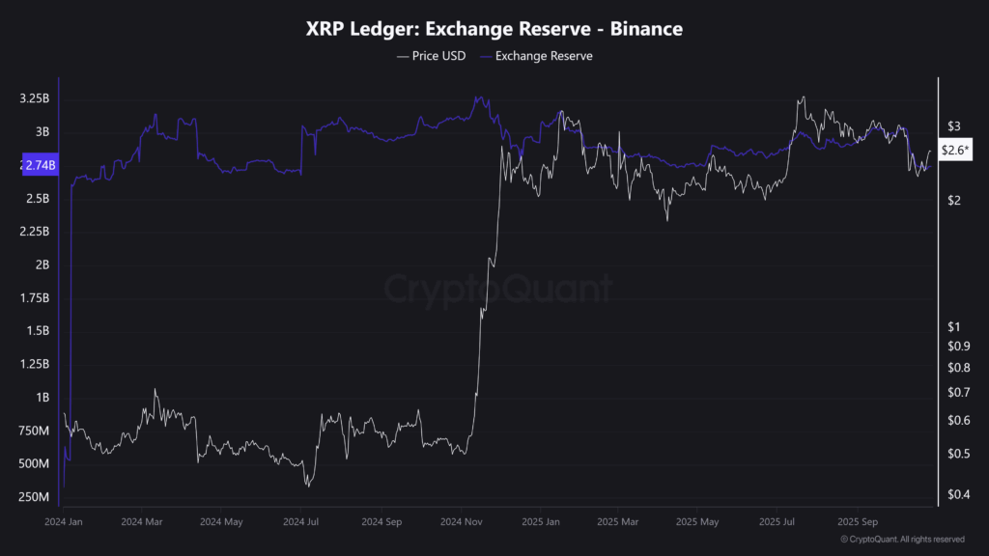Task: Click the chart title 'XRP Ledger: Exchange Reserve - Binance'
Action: point(494,30)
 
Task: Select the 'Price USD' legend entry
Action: point(431,56)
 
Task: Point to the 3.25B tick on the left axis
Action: point(34,99)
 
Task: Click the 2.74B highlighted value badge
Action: point(39,165)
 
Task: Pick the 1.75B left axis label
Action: point(34,298)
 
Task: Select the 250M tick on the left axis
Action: point(34,497)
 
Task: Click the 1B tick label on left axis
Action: point(42,398)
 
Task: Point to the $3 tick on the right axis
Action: point(953,126)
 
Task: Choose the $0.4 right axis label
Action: point(957,495)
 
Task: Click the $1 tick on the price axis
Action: point(953,327)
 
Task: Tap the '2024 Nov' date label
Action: point(460,521)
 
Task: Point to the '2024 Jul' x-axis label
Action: point(300,521)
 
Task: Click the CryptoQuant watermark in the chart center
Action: point(498,289)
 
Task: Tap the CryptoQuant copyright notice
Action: point(902,540)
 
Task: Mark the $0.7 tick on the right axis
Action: point(957,392)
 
